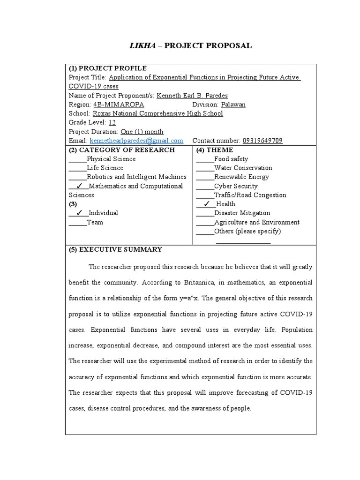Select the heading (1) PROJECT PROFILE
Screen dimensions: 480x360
coord(107,68)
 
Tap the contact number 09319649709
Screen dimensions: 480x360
coord(262,141)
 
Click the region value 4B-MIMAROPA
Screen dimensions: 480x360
coord(119,105)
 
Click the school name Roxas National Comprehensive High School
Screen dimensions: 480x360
coord(157,113)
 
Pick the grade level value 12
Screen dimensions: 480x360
coord(112,122)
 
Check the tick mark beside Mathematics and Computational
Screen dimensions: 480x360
coord(79,186)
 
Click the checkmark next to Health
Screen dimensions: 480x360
coord(207,204)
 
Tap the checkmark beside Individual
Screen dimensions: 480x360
coord(79,213)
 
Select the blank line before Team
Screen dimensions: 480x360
coord(77,223)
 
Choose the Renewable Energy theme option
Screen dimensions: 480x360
coord(241,177)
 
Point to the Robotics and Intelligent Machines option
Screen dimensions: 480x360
coord(136,177)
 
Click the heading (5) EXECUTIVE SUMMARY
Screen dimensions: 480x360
coord(115,249)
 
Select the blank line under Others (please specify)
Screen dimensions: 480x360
coord(243,242)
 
